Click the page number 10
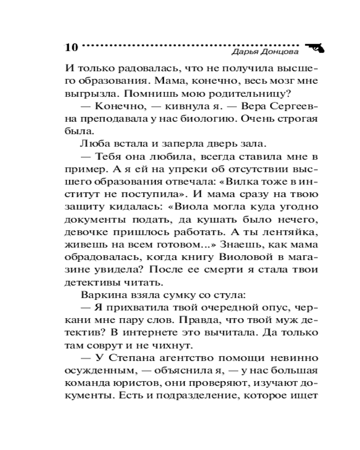(x=72, y=47)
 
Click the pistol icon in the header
(x=315, y=47)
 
